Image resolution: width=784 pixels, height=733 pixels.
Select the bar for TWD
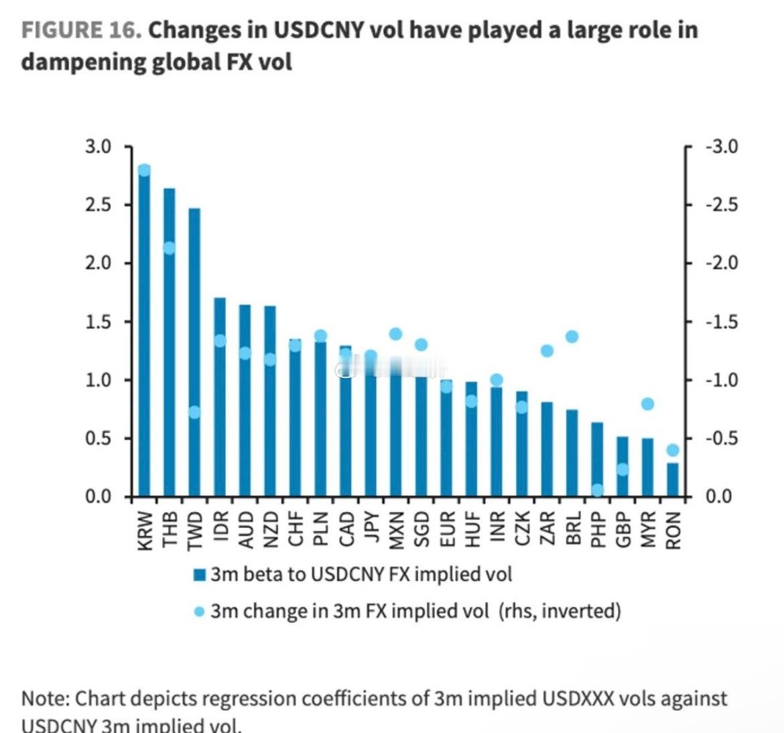(194, 352)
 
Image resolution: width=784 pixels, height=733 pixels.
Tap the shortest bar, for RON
(673, 480)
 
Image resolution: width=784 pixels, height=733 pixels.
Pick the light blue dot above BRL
(572, 336)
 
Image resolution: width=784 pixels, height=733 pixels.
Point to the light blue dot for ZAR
(547, 350)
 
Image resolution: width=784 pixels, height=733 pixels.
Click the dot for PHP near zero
(597, 490)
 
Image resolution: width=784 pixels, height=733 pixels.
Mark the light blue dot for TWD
(194, 412)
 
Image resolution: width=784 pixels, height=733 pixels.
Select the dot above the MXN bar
(395, 334)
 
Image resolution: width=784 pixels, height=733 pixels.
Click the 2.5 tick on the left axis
(98, 204)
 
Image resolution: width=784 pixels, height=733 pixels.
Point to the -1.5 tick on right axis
(721, 322)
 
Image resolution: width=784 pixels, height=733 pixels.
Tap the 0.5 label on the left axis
(98, 438)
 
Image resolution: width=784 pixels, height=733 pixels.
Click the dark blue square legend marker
(199, 575)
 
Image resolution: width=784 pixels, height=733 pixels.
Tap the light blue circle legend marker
(199, 612)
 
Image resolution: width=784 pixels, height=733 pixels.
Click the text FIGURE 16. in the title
(81, 30)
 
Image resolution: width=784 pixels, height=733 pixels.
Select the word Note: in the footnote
(45, 698)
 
